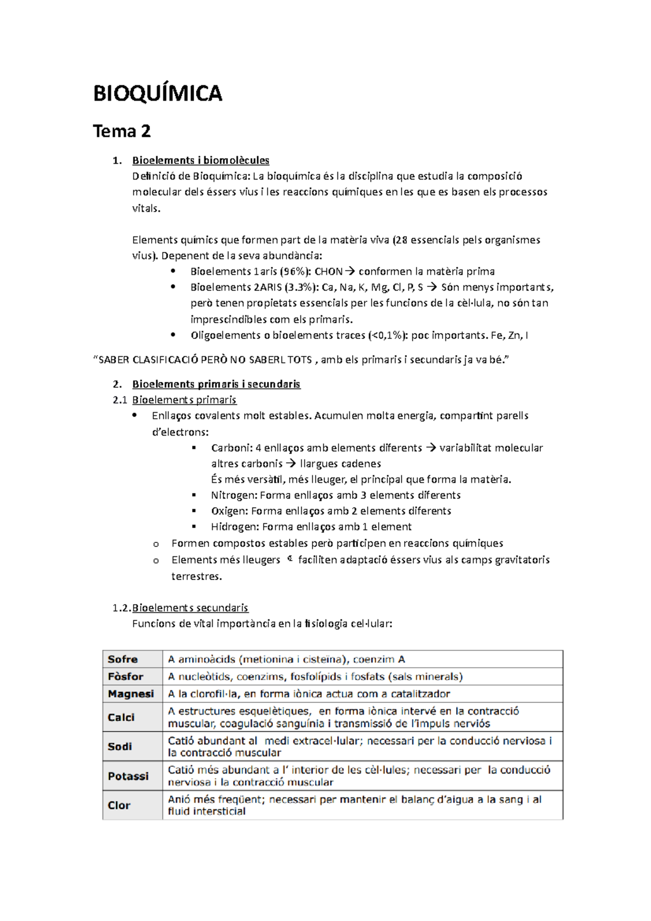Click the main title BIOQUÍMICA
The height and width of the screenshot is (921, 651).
pos(157,93)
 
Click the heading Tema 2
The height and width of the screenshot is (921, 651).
pos(122,131)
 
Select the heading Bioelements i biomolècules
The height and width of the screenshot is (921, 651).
pos(201,160)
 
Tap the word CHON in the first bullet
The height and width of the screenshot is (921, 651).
pos(328,271)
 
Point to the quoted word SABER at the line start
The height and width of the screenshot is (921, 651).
pos(114,359)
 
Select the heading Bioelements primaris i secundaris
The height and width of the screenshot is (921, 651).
pos(216,384)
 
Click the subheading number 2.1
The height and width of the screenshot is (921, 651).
pos(120,400)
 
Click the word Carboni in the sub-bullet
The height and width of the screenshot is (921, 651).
pos(231,448)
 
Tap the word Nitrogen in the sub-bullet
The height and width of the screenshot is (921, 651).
pos(233,495)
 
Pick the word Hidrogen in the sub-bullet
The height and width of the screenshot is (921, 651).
pos(234,527)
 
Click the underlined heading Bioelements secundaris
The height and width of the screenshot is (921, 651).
pos(190,607)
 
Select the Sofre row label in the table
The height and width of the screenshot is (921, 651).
pos(123,659)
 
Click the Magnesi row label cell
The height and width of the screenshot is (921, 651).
pos(131,694)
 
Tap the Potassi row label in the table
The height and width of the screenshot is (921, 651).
pos(128,776)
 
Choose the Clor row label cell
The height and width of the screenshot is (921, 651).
pos(119,805)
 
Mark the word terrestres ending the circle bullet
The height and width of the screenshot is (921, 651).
pos(196,576)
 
